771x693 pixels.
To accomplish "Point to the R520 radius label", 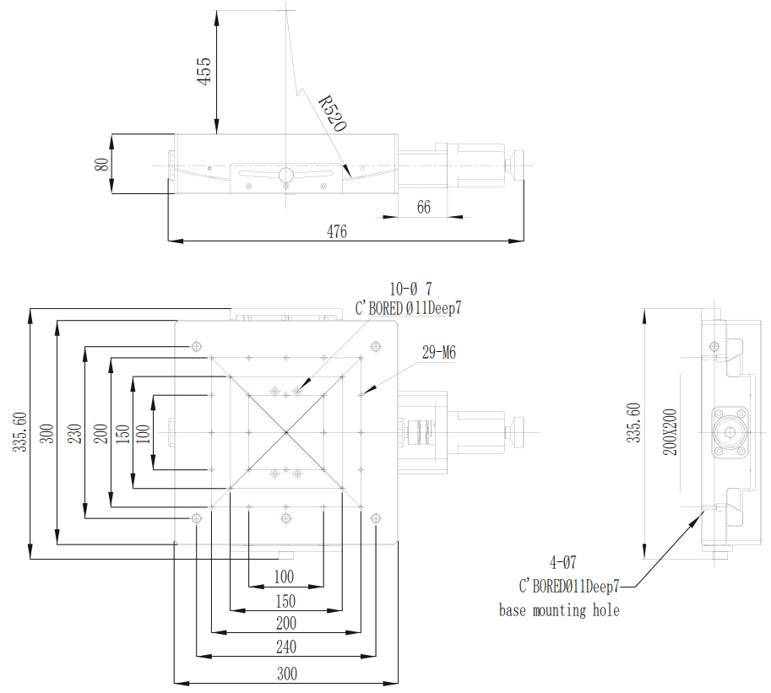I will pos(333,114).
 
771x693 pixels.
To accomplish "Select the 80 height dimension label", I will pos(102,165).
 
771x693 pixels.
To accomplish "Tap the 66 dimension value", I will pos(424,207).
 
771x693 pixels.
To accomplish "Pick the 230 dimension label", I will pos(73,432).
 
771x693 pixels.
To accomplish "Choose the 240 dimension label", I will pos(286,647).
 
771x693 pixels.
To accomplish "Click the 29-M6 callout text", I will pos(438,353).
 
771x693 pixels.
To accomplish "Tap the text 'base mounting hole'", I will pos(559,610).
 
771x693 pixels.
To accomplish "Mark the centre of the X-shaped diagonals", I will pos(286,432).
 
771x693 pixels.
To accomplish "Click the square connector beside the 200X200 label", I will pos(728,432).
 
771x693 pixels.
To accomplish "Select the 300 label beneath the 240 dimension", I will pos(286,674).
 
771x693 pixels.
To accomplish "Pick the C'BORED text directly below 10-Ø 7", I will pos(409,309).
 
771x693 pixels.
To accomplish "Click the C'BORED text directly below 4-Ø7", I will pos(569,585).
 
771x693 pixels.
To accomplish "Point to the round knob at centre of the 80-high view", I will pos(286,175).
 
